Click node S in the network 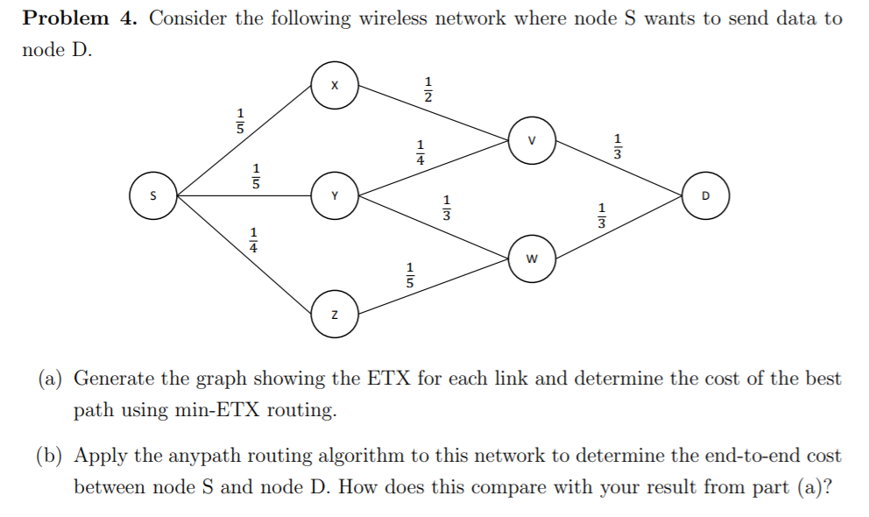[152, 195]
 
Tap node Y [333, 195]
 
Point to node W [531, 258]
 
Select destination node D [705, 195]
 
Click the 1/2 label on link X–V [428, 89]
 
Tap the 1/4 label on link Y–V [420, 152]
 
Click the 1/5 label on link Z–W [408, 273]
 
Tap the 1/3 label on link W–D [601, 216]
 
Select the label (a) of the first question [50, 379]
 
